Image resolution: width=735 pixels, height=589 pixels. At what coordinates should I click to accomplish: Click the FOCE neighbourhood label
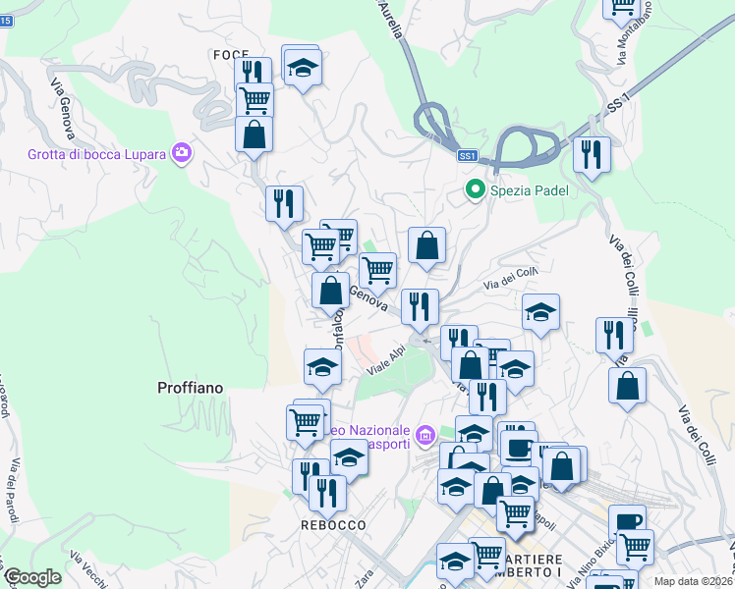coord(230,54)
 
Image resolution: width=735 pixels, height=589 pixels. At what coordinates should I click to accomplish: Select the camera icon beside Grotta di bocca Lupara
coord(181,152)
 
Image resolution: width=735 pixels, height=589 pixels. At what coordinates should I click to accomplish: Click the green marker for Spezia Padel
coord(476,188)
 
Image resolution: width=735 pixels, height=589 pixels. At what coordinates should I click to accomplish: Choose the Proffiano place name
coord(190,388)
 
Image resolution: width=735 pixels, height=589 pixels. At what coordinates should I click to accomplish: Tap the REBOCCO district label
coord(333,525)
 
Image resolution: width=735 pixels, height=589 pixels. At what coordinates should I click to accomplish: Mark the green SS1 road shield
coord(468,155)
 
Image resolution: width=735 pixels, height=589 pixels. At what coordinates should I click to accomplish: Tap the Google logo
coord(32,577)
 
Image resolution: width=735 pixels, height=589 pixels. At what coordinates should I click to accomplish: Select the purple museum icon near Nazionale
coord(424,434)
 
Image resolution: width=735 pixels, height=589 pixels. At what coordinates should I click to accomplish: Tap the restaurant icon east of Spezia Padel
coord(591,154)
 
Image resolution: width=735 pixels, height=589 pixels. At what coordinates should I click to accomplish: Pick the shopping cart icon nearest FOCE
coord(254,99)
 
